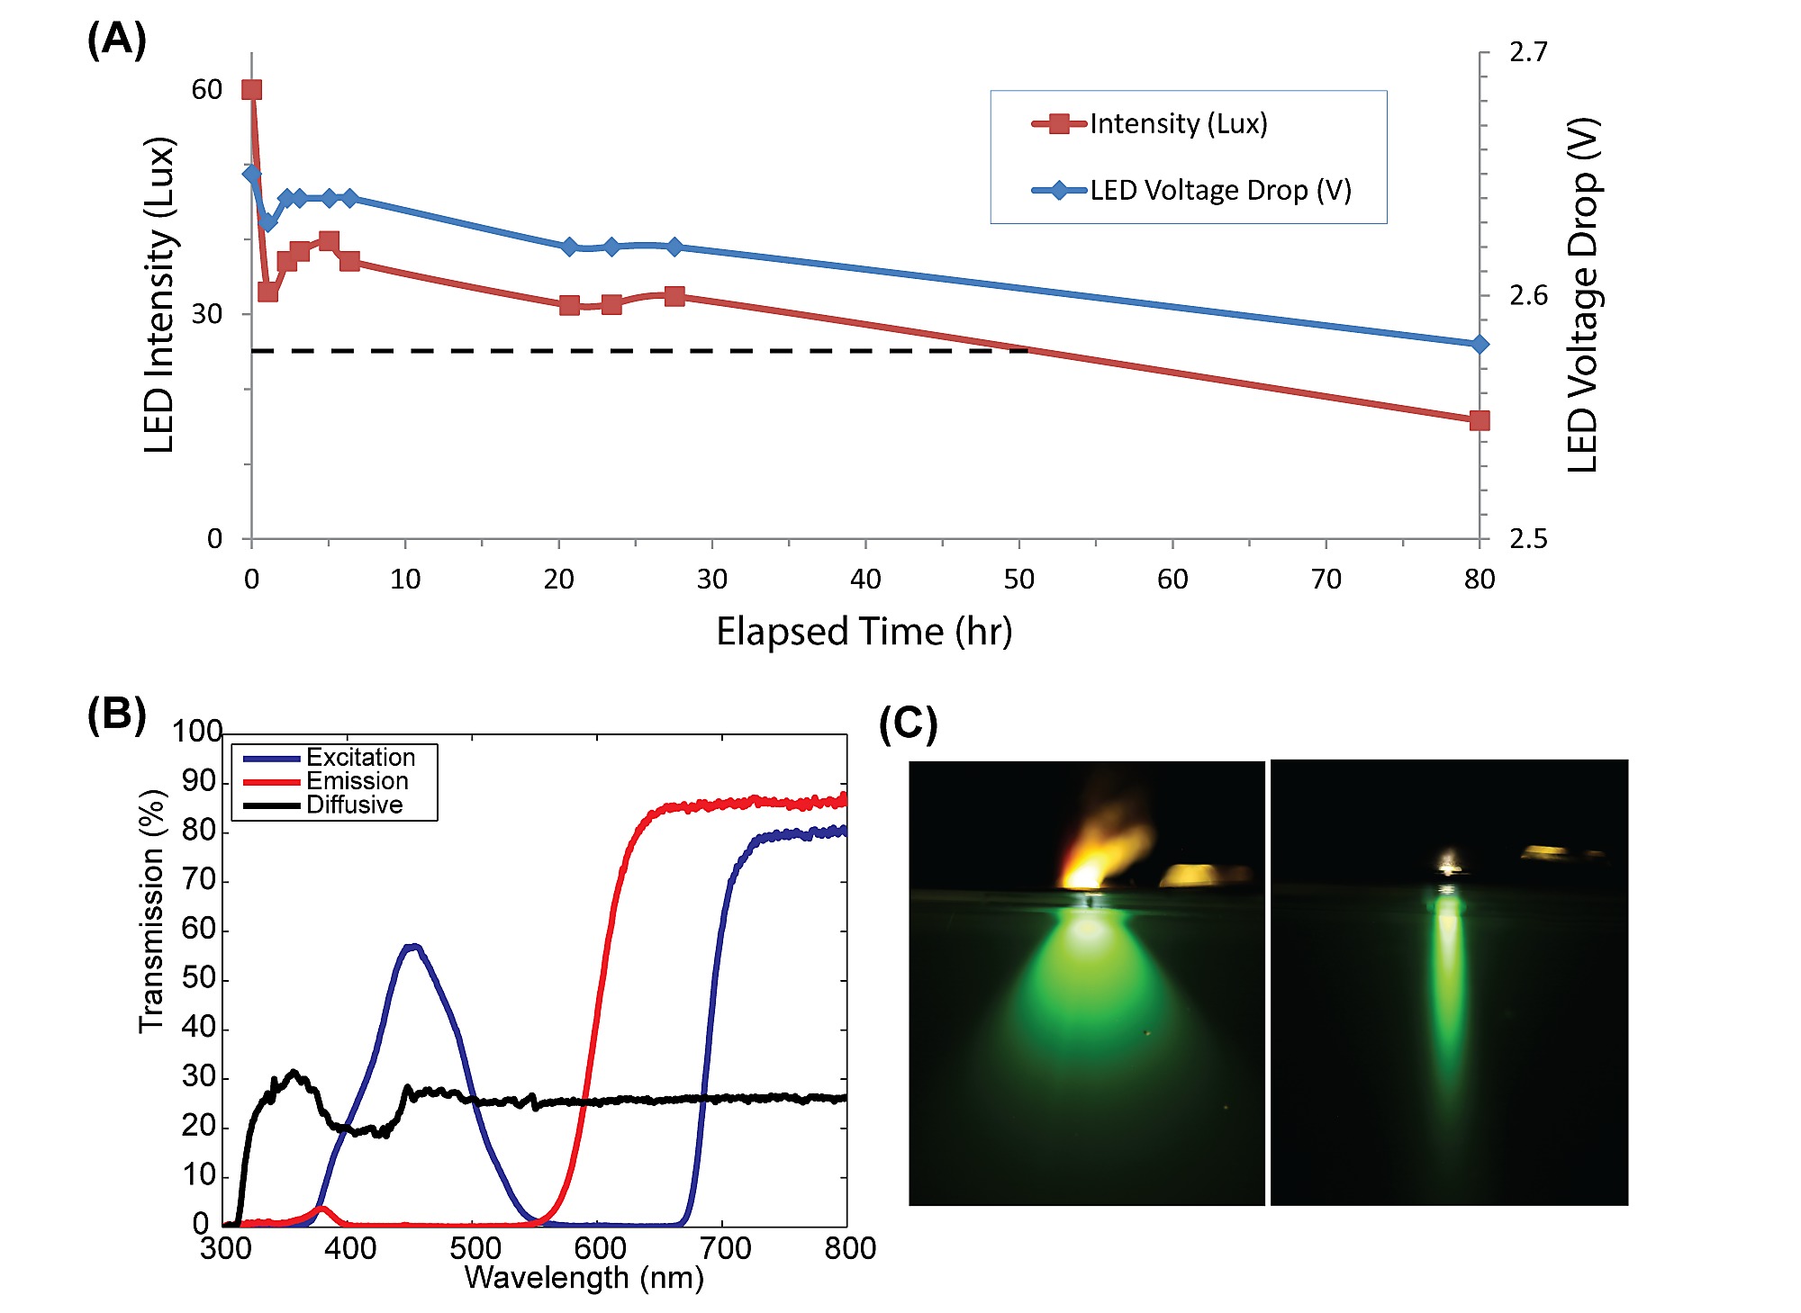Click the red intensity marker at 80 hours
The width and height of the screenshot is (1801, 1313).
1479,420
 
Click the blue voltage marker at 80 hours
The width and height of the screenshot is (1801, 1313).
1479,344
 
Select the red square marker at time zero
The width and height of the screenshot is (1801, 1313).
251,89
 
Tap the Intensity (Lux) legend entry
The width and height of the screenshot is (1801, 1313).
1178,123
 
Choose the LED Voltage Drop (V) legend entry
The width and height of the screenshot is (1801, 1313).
1220,190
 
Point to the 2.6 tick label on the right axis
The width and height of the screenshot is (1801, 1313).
1528,295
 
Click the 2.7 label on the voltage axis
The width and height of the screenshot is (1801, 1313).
1528,52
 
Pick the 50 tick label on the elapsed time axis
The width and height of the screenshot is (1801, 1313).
1018,579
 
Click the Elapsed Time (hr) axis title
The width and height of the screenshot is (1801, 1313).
864,631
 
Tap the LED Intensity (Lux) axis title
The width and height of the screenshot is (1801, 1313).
159,295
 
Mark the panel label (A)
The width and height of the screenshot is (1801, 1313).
116,40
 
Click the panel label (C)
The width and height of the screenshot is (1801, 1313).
908,724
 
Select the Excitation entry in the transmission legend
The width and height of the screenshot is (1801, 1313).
360,757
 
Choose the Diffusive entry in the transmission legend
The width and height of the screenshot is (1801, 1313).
354,805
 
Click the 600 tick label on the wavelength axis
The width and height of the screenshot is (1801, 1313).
600,1248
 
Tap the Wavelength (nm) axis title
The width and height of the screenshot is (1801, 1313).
584,1278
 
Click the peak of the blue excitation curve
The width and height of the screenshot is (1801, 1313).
412,946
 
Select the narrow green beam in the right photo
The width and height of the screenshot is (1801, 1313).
1448,990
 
